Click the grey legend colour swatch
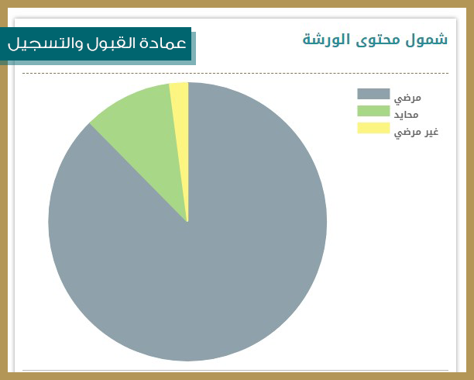click(373, 94)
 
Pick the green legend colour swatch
click(373, 111)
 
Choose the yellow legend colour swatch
click(373, 128)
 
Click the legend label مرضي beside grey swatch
click(407, 98)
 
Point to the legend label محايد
click(406, 115)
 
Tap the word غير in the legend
click(431, 132)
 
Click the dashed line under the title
click(235, 73)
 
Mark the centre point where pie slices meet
click(187, 222)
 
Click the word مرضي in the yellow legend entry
click(407, 133)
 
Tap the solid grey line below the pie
click(235, 370)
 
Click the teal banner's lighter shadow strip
click(194, 48)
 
